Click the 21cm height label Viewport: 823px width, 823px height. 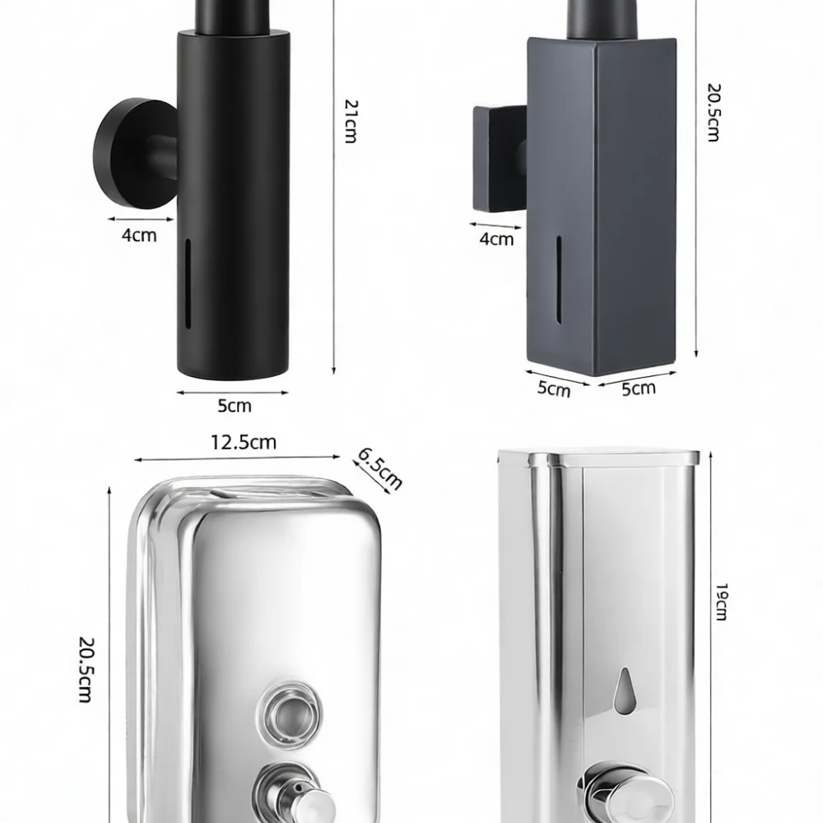click(x=351, y=121)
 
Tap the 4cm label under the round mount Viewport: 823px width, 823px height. click(x=139, y=235)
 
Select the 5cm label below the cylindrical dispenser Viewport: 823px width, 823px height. click(x=235, y=406)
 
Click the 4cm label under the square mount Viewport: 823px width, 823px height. click(x=496, y=239)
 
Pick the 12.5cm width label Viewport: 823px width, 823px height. click(x=244, y=443)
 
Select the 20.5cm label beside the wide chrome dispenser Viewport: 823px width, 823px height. click(x=86, y=669)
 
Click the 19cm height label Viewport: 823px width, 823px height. click(x=722, y=602)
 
